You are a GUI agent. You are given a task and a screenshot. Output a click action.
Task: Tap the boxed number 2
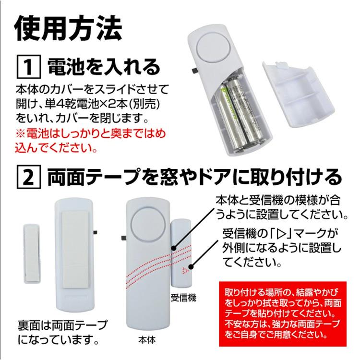pos(28,178)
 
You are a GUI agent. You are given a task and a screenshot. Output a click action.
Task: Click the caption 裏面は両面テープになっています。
pos(62,333)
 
